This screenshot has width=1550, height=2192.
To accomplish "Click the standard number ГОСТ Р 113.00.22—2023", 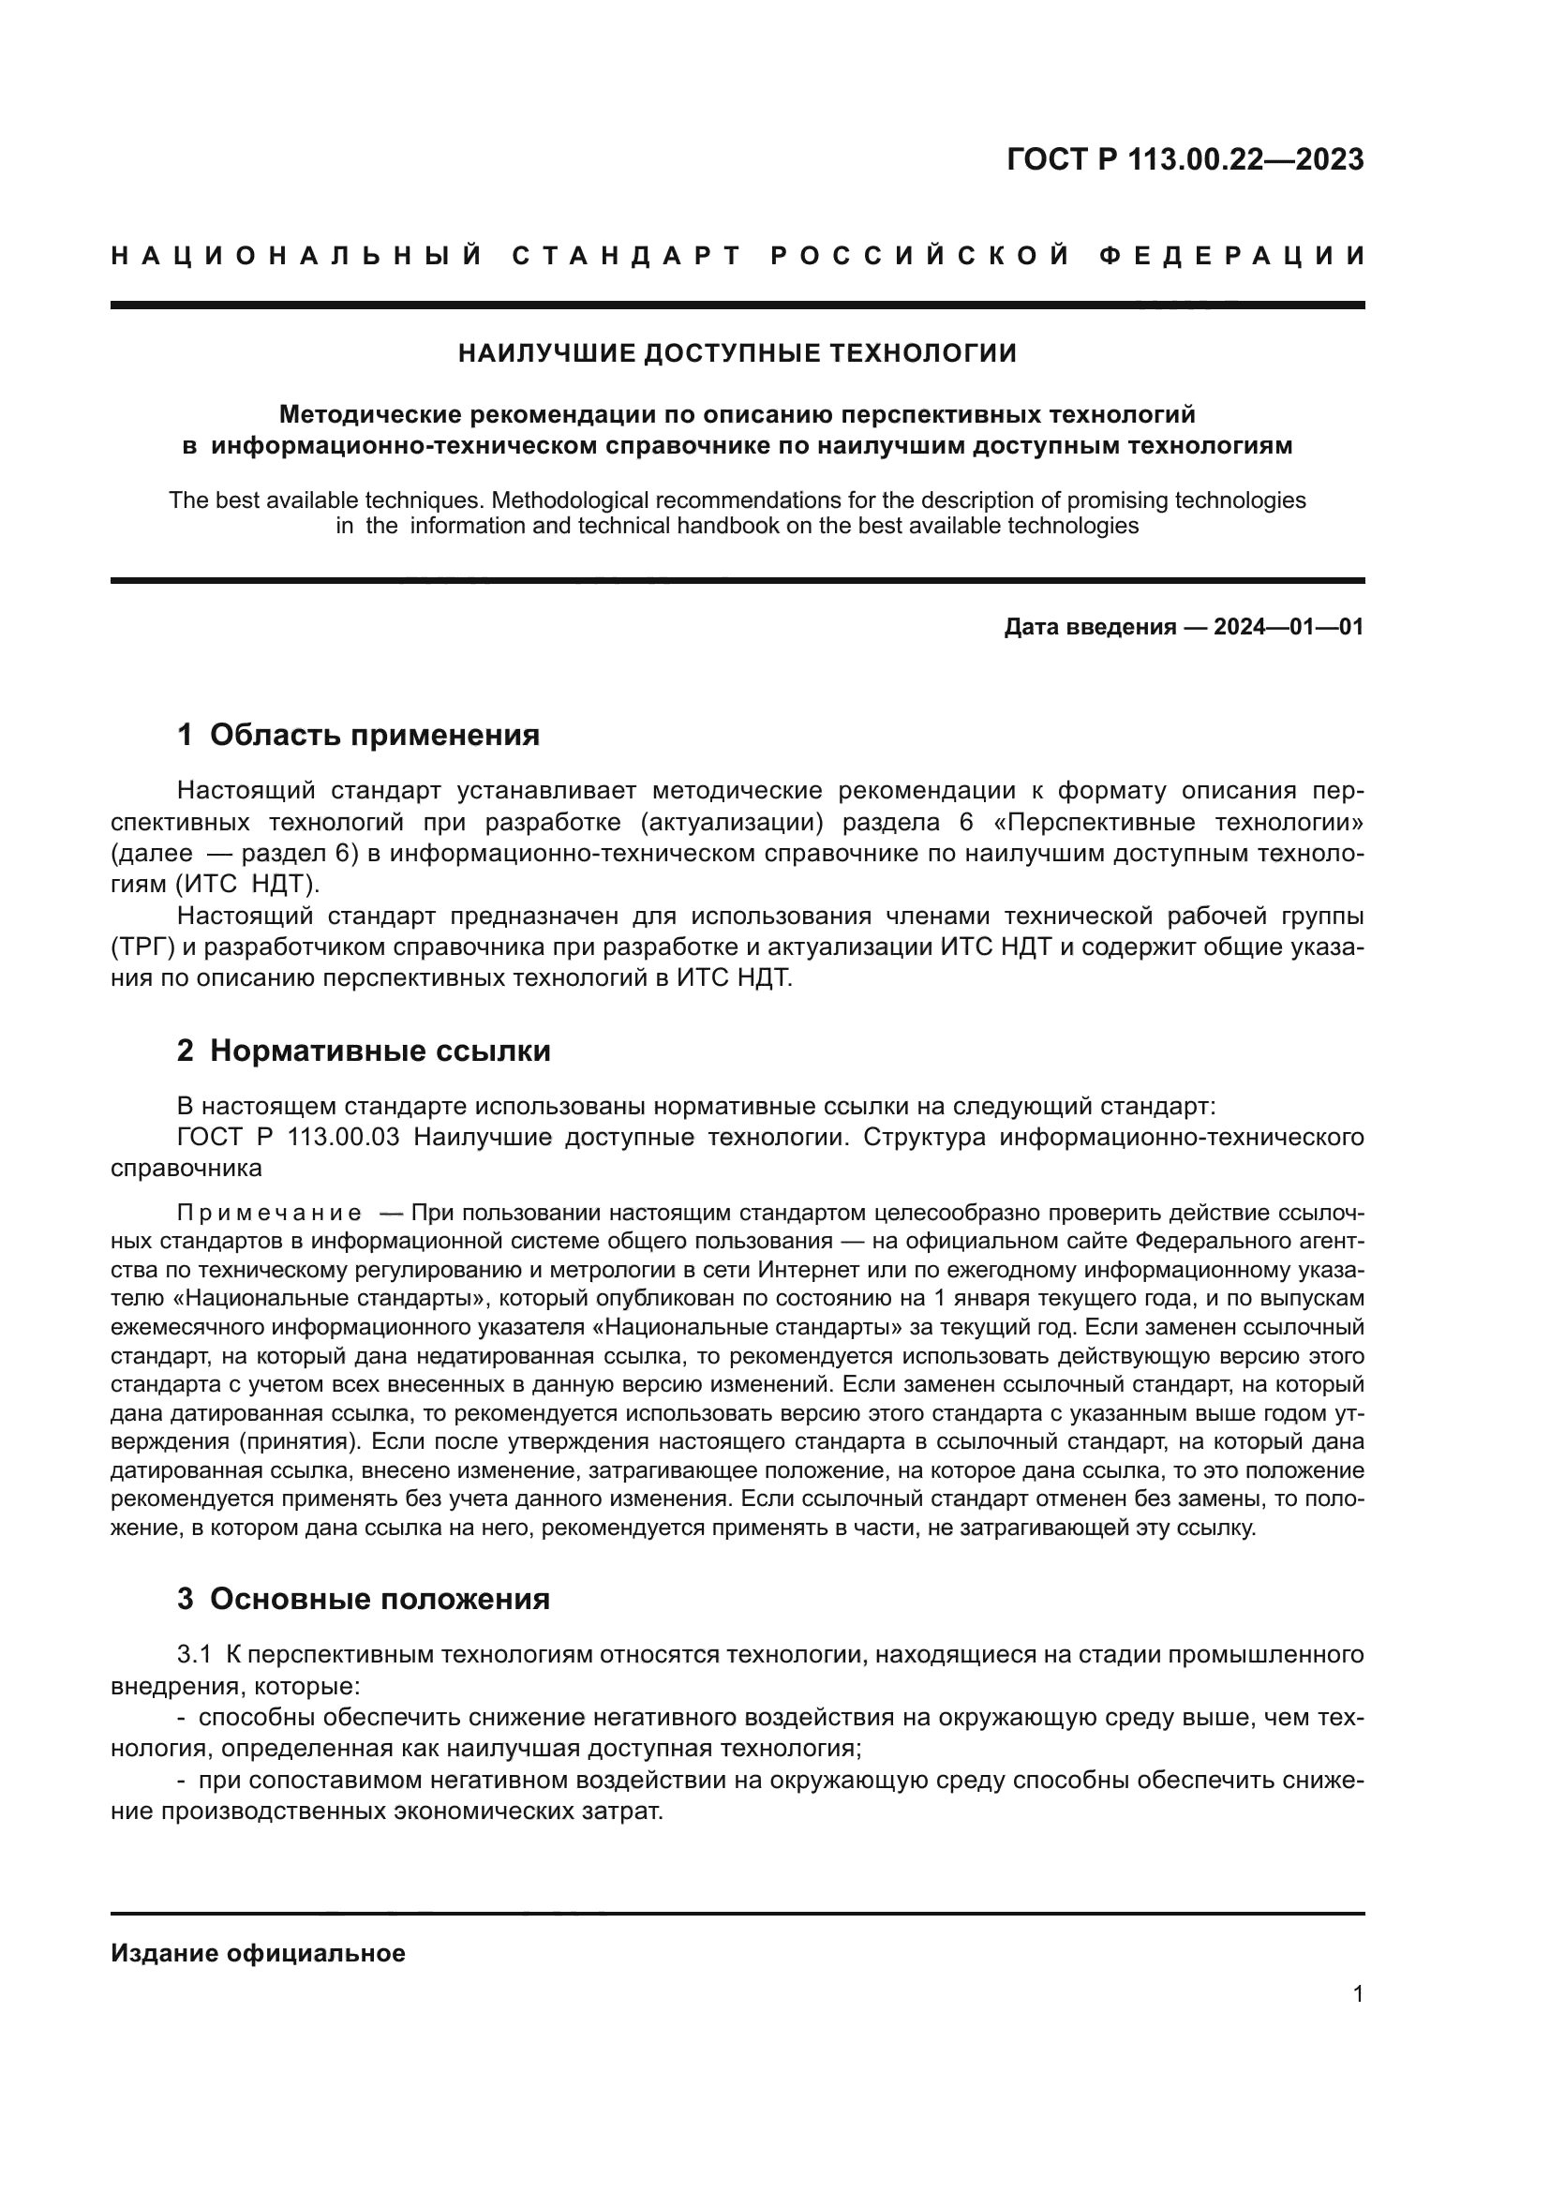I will (1185, 159).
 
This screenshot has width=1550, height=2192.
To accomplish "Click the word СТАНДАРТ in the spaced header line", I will (627, 256).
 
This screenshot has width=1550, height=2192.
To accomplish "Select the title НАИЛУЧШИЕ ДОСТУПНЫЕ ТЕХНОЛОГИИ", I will (737, 353).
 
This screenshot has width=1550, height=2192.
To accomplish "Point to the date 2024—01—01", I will (1289, 627).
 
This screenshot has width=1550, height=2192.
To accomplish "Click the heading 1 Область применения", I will (358, 735).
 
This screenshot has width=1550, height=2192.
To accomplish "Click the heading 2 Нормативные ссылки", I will (364, 1051).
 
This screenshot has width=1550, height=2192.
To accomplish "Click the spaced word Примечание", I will (269, 1214).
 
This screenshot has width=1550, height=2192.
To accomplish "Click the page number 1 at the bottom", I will (1357, 1993).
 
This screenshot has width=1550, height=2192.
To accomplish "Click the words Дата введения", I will (1089, 627).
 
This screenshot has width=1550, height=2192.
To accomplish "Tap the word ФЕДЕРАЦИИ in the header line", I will (1232, 256).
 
